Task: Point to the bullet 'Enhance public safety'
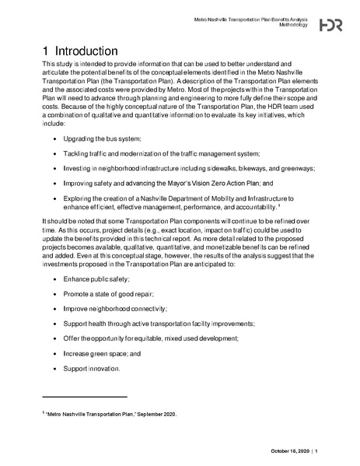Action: (96, 279)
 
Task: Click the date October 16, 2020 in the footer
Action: (290, 451)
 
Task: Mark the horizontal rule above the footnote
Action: (84, 398)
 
